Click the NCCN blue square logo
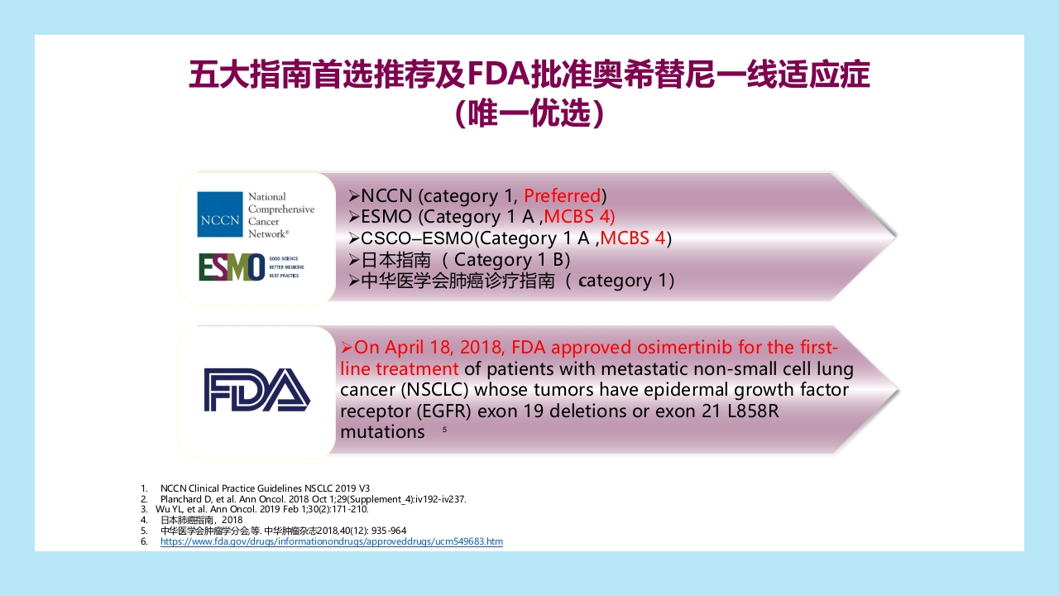tap(219, 214)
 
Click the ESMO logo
tap(232, 267)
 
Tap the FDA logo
tap(256, 390)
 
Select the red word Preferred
tap(563, 196)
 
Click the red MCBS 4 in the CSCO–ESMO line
tap(633, 238)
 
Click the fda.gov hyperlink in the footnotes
tap(331, 541)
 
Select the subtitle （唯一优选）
tap(529, 114)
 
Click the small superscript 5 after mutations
tap(444, 430)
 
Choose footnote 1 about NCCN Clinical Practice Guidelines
tap(265, 488)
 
